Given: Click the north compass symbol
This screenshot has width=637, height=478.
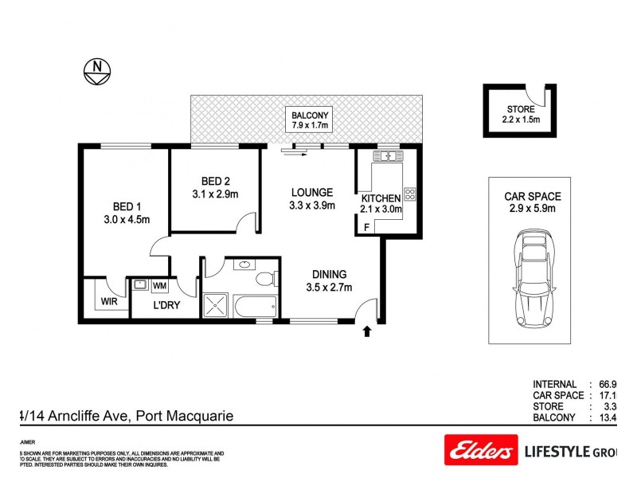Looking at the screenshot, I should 96,73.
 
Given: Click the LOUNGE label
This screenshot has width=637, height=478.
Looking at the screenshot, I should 311,192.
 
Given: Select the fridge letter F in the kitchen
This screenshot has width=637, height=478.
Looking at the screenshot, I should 366,227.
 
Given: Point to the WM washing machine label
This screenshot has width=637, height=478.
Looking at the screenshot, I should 159,284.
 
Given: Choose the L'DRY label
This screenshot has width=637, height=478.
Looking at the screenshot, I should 166,305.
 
